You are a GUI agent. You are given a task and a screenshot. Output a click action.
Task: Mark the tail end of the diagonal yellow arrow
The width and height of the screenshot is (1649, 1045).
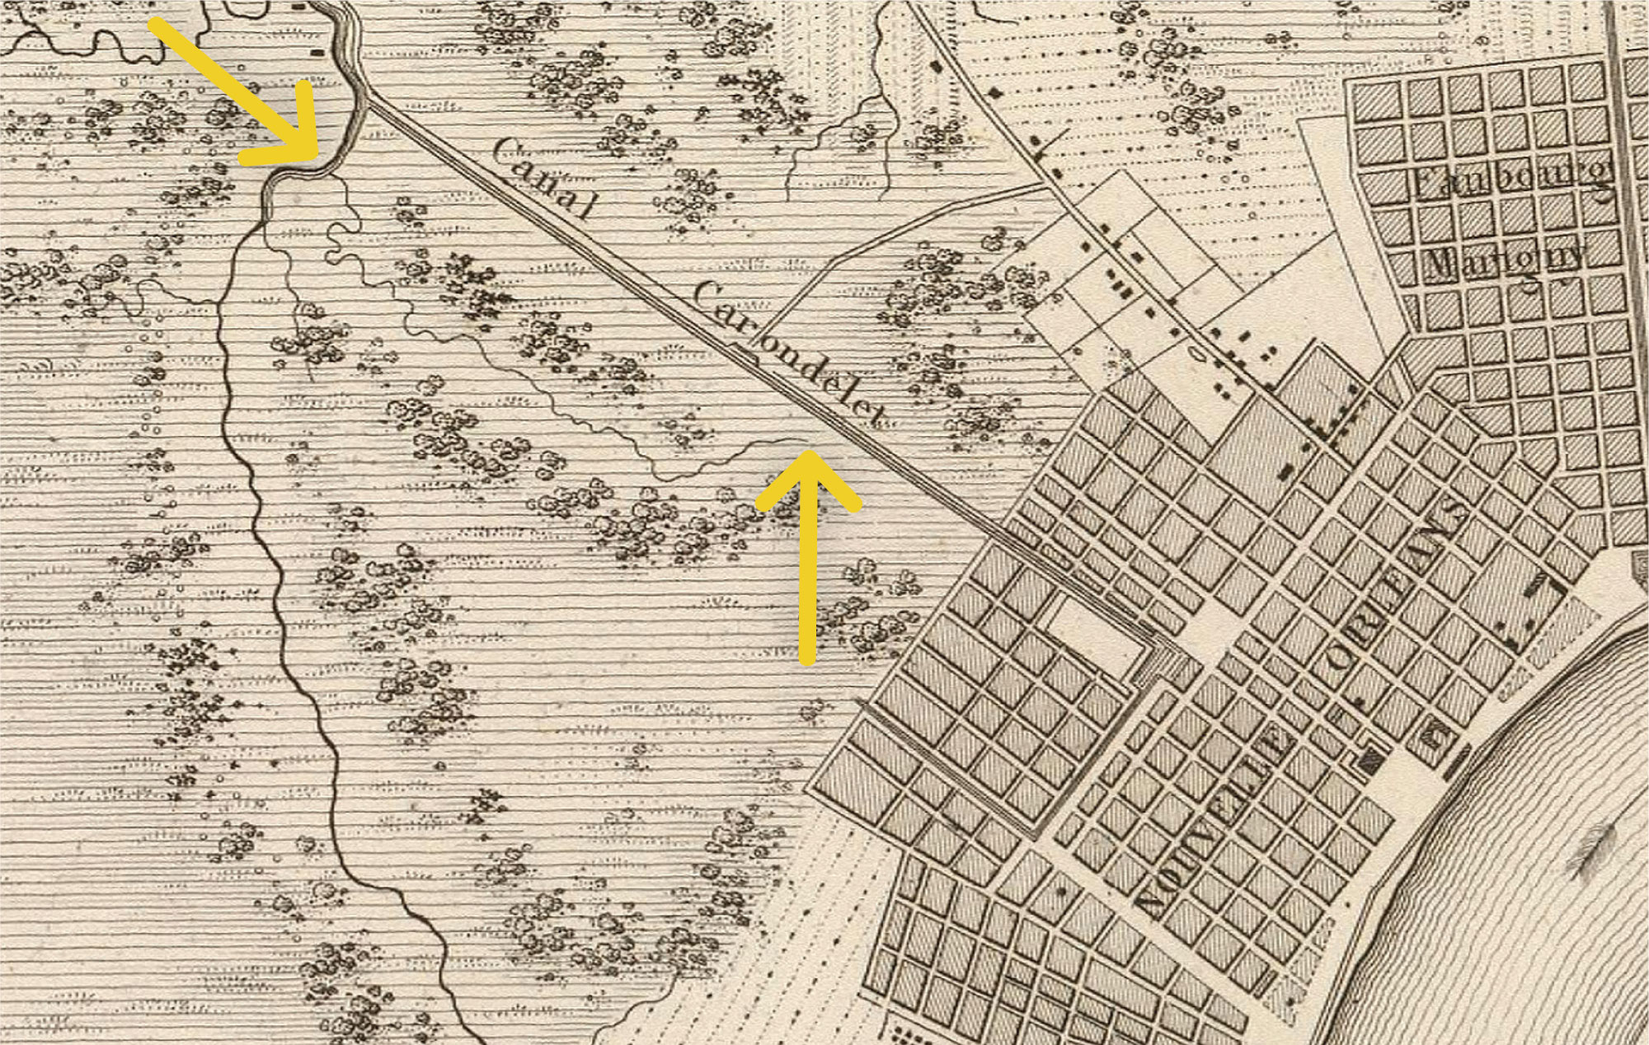157,25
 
